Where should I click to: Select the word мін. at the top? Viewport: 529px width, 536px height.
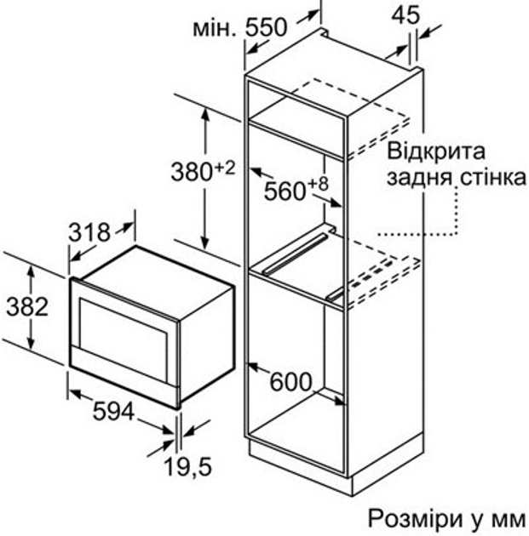click(212, 31)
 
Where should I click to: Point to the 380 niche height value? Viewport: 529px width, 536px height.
click(189, 173)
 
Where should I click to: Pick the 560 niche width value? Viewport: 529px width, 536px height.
click(283, 191)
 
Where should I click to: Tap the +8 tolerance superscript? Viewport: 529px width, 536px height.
click(318, 184)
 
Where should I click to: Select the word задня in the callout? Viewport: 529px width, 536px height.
click(415, 179)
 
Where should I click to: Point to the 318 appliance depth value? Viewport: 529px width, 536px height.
click(89, 231)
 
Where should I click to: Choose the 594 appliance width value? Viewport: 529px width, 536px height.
click(113, 413)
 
